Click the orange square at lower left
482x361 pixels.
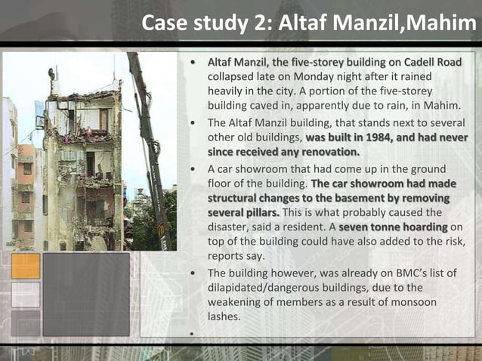[x=26, y=266]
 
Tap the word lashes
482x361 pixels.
[x=224, y=317]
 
